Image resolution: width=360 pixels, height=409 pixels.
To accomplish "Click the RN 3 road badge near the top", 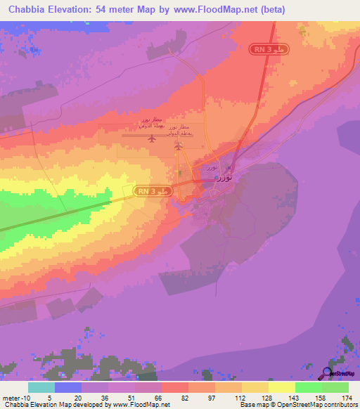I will (267, 48).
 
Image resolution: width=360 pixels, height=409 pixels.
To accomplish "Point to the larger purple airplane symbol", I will (152, 138).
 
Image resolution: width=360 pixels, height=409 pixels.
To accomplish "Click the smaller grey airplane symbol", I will (179, 147).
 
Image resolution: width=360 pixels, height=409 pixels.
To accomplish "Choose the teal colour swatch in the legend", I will (41, 387).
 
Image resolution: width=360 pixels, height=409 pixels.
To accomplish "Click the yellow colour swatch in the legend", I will (281, 387).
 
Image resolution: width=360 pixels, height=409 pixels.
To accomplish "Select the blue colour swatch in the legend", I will (68, 387).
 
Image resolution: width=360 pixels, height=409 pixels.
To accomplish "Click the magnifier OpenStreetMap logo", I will (328, 373).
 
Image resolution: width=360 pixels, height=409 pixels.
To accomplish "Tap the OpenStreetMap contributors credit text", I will (296, 405).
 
